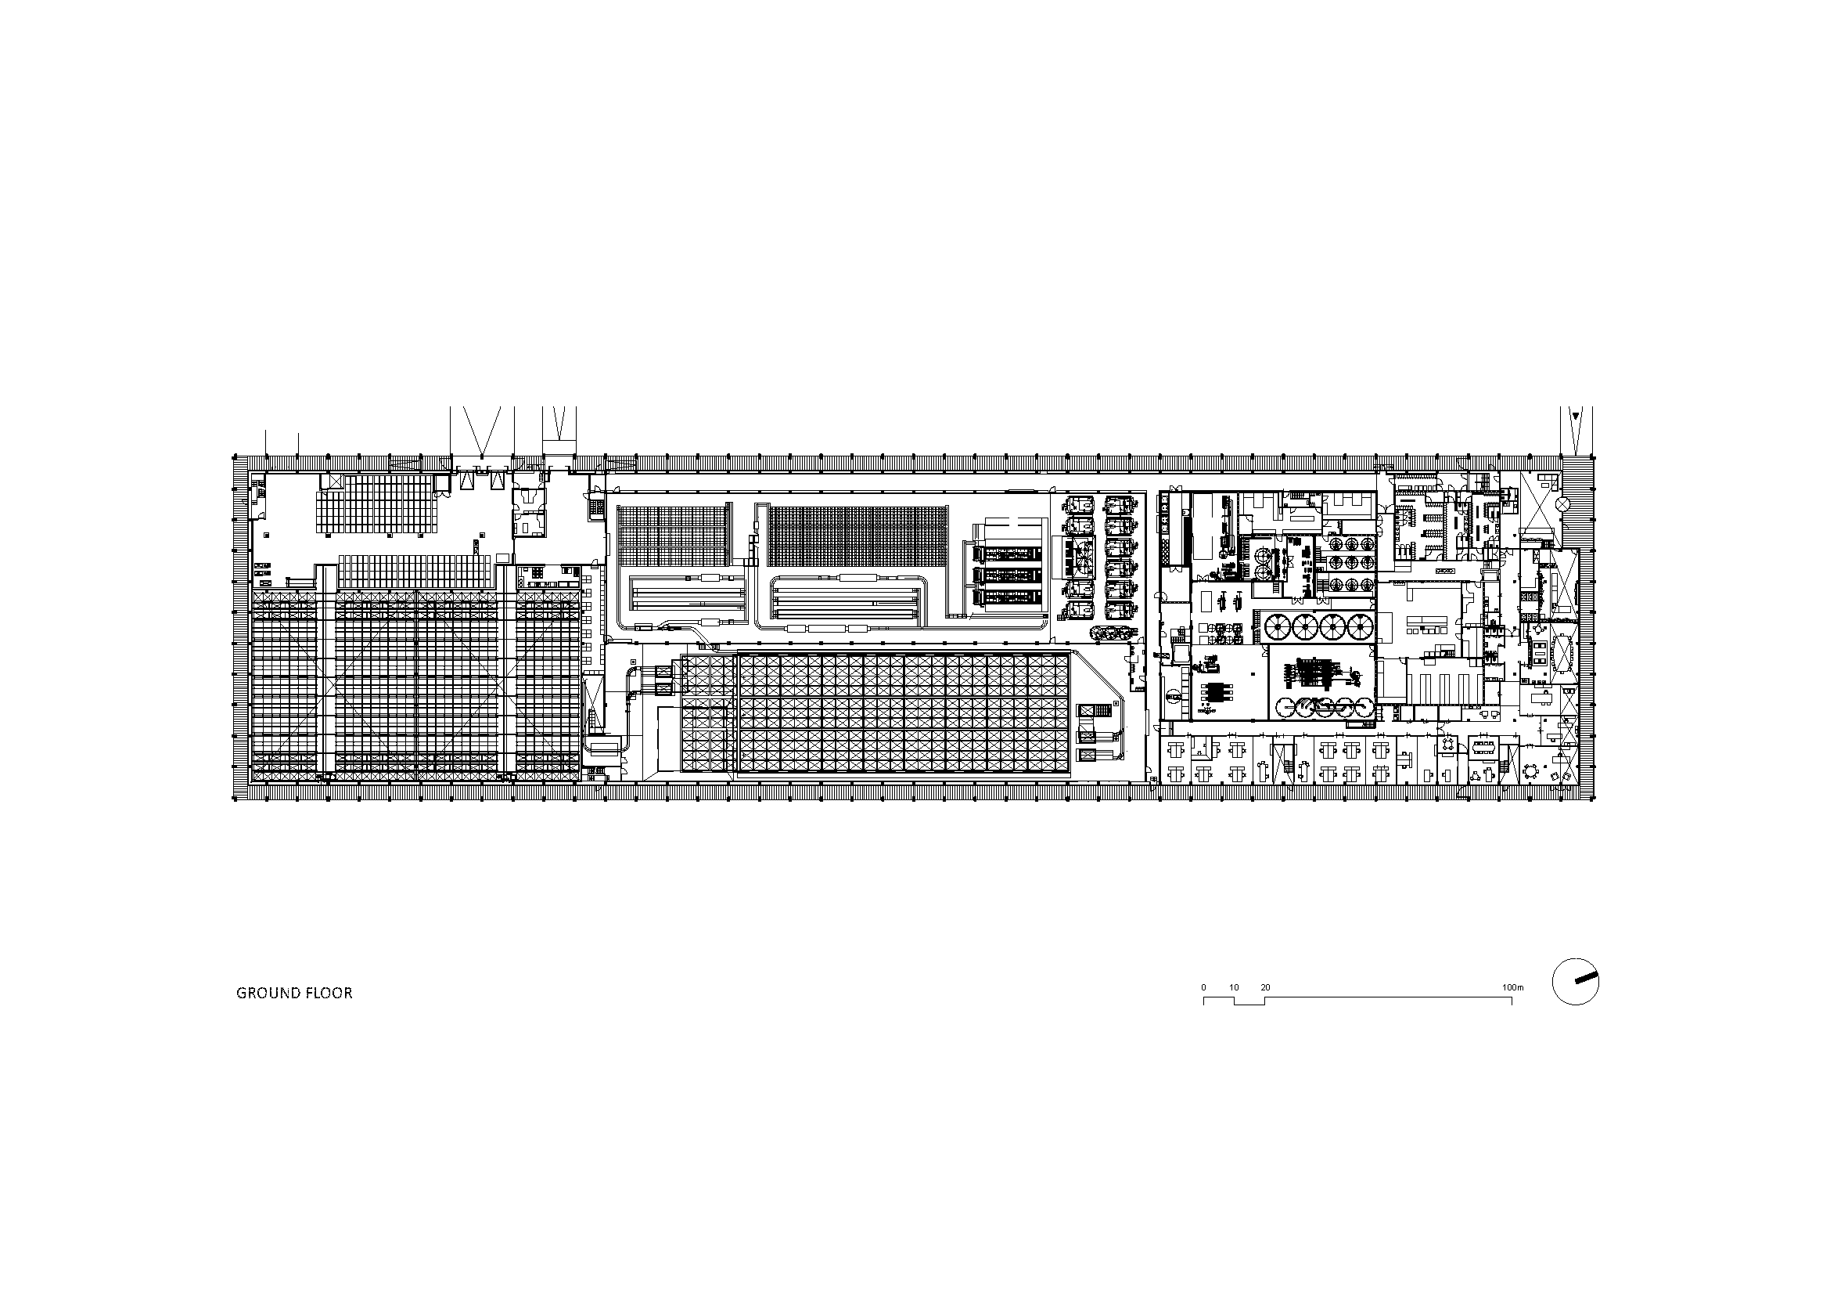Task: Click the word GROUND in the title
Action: point(267,994)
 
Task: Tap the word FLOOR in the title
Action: point(329,994)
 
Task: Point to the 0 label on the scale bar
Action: point(1203,987)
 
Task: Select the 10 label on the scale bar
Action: point(1234,987)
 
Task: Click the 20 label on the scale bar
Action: point(1265,987)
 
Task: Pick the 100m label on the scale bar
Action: point(1513,987)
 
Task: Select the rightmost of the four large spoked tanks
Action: point(1360,627)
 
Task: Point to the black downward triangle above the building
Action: point(1575,415)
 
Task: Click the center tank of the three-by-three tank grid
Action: point(1346,562)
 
